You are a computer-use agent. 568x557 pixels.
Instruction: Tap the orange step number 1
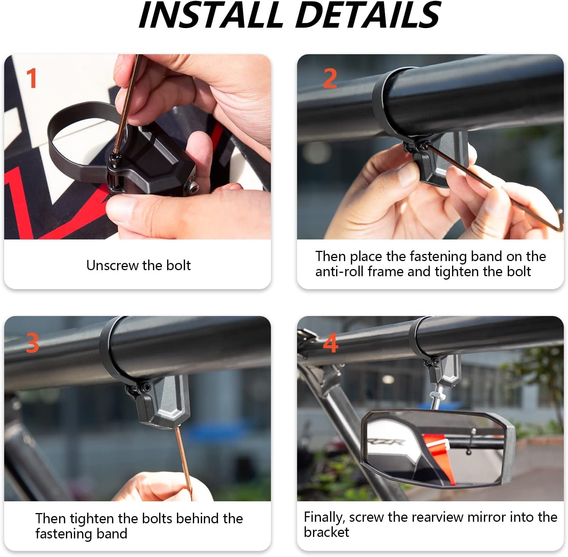pyautogui.click(x=32, y=78)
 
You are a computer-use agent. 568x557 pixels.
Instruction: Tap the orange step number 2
pyautogui.click(x=330, y=78)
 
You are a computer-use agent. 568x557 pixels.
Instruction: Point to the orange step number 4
pyautogui.click(x=330, y=343)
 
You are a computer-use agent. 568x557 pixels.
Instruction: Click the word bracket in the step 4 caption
pyautogui.click(x=327, y=532)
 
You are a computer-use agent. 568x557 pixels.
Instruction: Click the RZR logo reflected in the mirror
pyautogui.click(x=392, y=442)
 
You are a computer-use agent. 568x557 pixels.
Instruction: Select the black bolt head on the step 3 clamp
pyautogui.click(x=146, y=386)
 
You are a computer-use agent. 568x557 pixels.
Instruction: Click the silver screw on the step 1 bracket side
pyautogui.click(x=193, y=186)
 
